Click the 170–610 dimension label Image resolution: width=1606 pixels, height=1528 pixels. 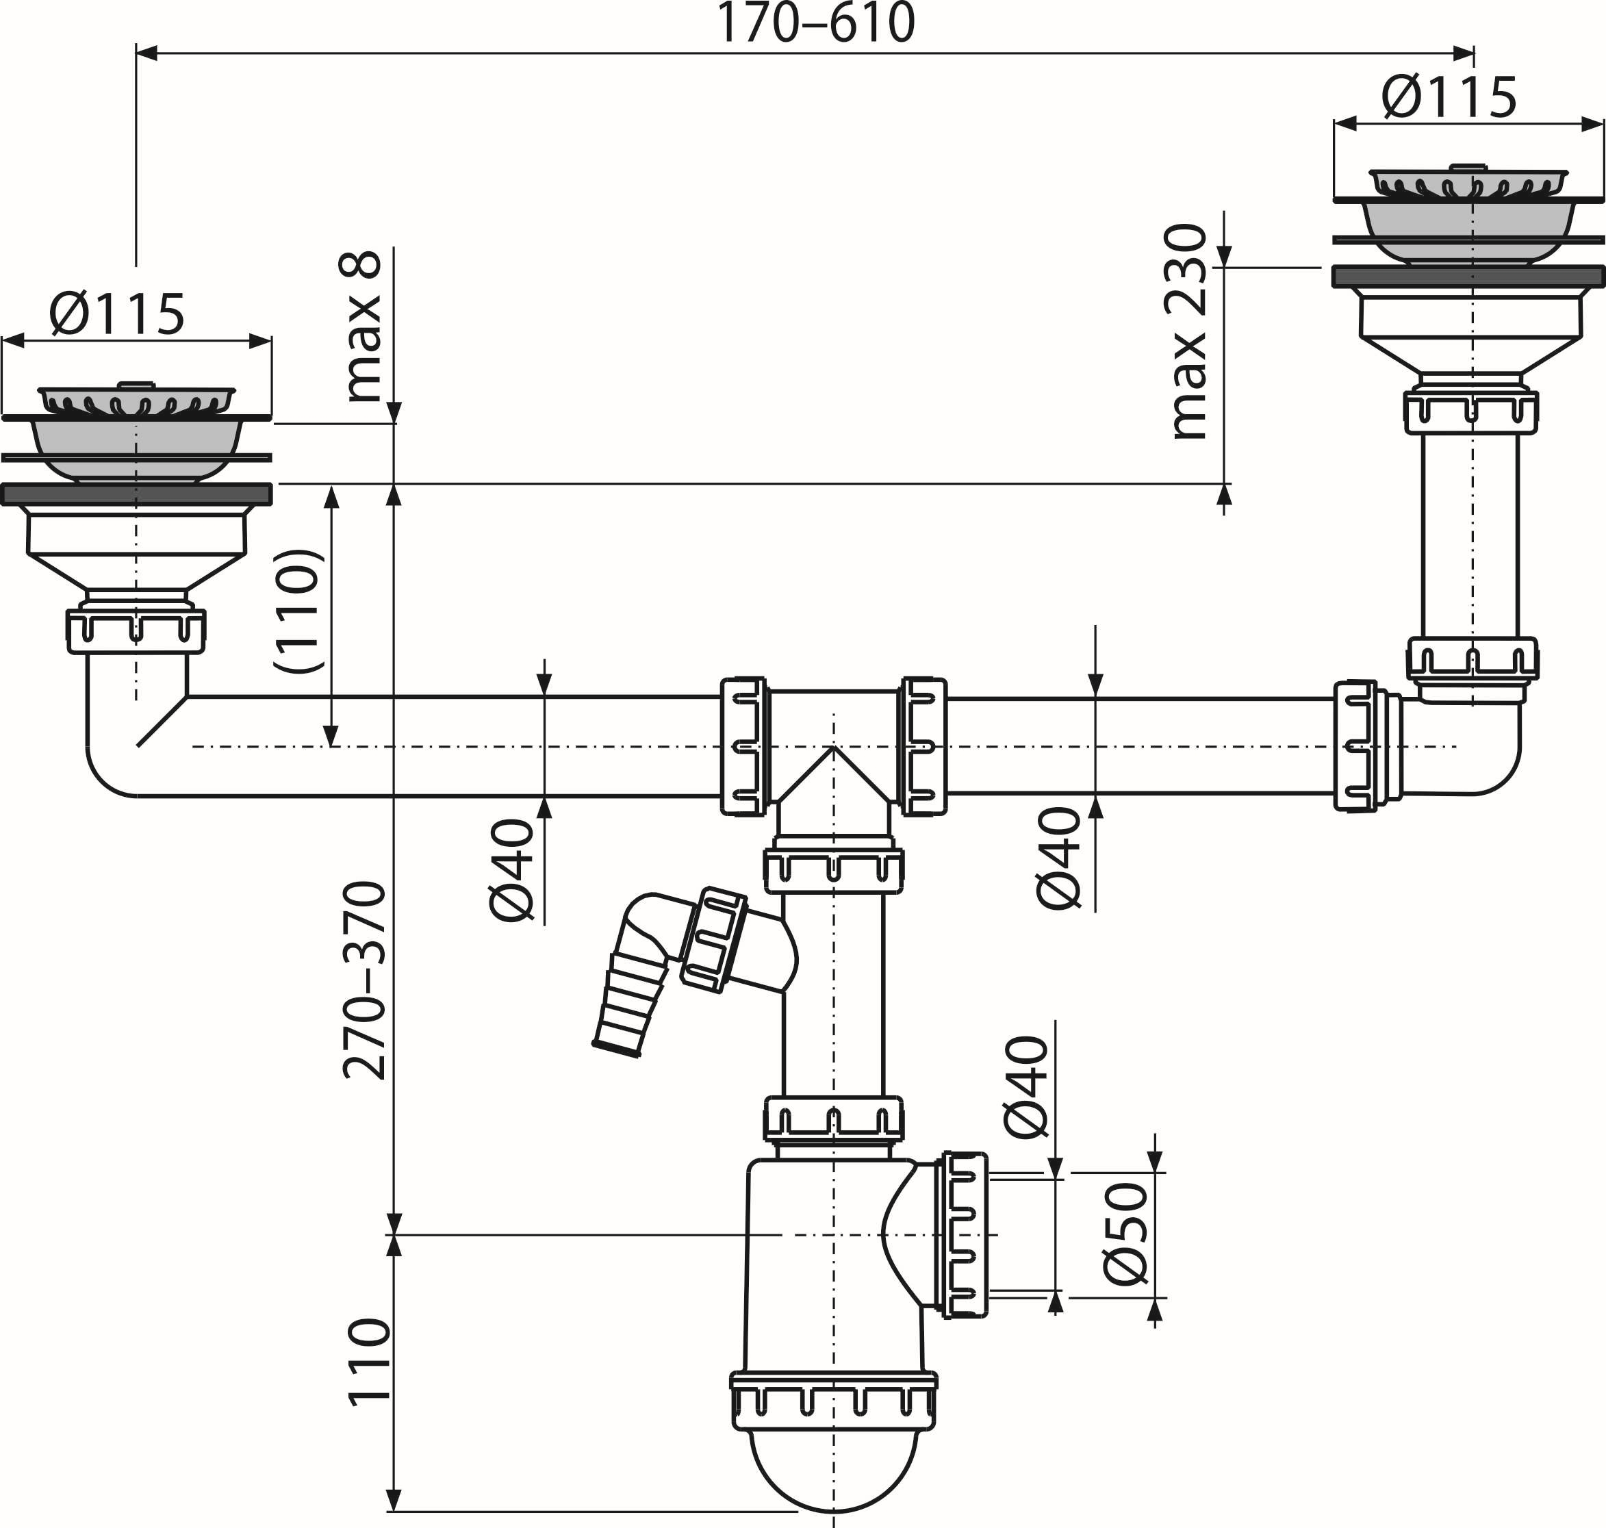pos(815,25)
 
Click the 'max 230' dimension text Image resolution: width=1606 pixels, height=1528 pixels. pos(1188,331)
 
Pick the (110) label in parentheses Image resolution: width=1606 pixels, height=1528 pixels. pos(300,611)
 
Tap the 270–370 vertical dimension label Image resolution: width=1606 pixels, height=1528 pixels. pos(364,980)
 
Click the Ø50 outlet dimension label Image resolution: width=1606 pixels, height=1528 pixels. pos(1126,1233)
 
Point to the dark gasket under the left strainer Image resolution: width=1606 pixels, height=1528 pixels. pos(136,494)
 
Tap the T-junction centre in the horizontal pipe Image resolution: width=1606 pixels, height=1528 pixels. pos(833,746)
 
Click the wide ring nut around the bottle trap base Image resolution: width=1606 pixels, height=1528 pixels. pos(833,1399)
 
